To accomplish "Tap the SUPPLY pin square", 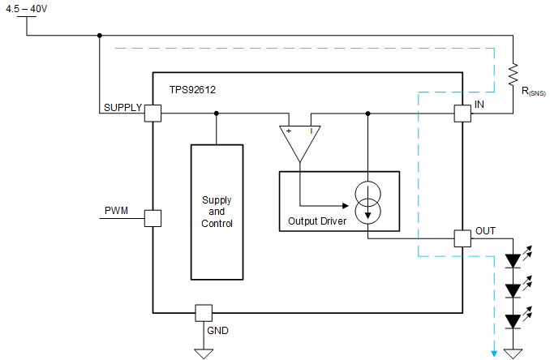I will (x=153, y=114).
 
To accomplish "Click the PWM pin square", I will (x=153, y=217).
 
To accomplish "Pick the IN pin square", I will (x=462, y=114).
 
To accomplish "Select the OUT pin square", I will (x=462, y=238).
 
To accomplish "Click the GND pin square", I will (x=203, y=312).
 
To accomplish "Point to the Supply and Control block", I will (x=217, y=212).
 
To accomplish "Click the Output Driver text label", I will (x=318, y=221).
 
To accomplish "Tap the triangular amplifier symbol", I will (x=299, y=141).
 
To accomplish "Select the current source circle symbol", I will (x=367, y=199).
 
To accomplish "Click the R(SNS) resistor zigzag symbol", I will (x=513, y=75).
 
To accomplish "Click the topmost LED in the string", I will (x=513, y=261).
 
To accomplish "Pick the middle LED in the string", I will (x=513, y=290).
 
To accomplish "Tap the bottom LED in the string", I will (x=513, y=321).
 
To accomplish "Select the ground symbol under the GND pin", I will (x=203, y=352).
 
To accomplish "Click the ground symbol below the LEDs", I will (x=513, y=352).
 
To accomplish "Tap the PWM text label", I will (x=116, y=211).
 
